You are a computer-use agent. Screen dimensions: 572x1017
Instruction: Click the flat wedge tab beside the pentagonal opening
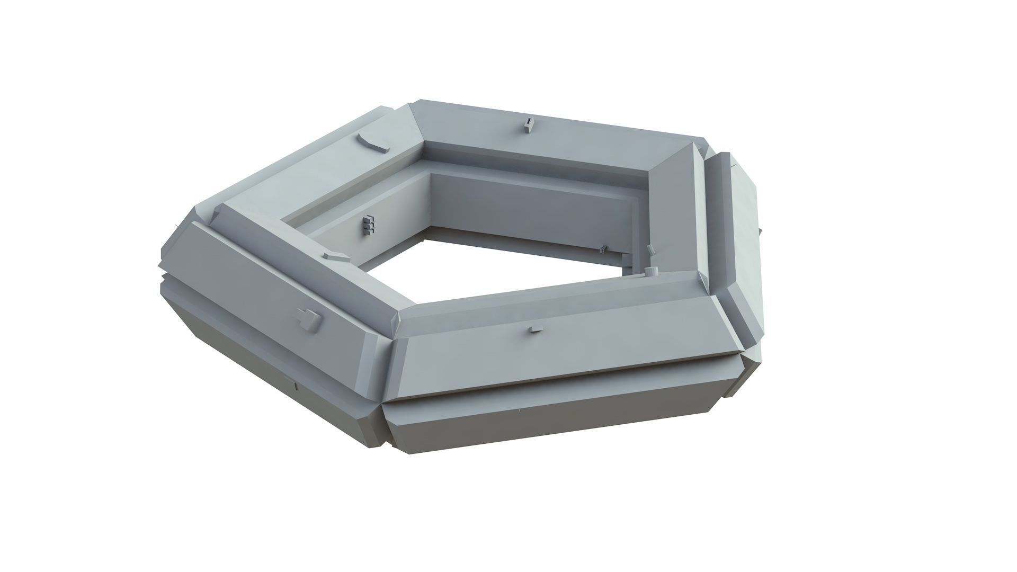coord(335,256)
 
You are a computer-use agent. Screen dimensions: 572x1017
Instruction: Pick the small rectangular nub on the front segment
coord(536,329)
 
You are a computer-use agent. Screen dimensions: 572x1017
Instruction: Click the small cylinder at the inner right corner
coord(651,271)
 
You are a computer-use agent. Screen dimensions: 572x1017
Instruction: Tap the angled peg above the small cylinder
coord(650,251)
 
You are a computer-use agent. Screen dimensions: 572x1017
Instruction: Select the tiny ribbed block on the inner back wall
coord(604,249)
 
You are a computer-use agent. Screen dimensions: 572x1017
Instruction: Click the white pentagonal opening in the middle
coord(503,265)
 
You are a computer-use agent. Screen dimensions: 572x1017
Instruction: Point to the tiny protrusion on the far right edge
coord(761,231)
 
